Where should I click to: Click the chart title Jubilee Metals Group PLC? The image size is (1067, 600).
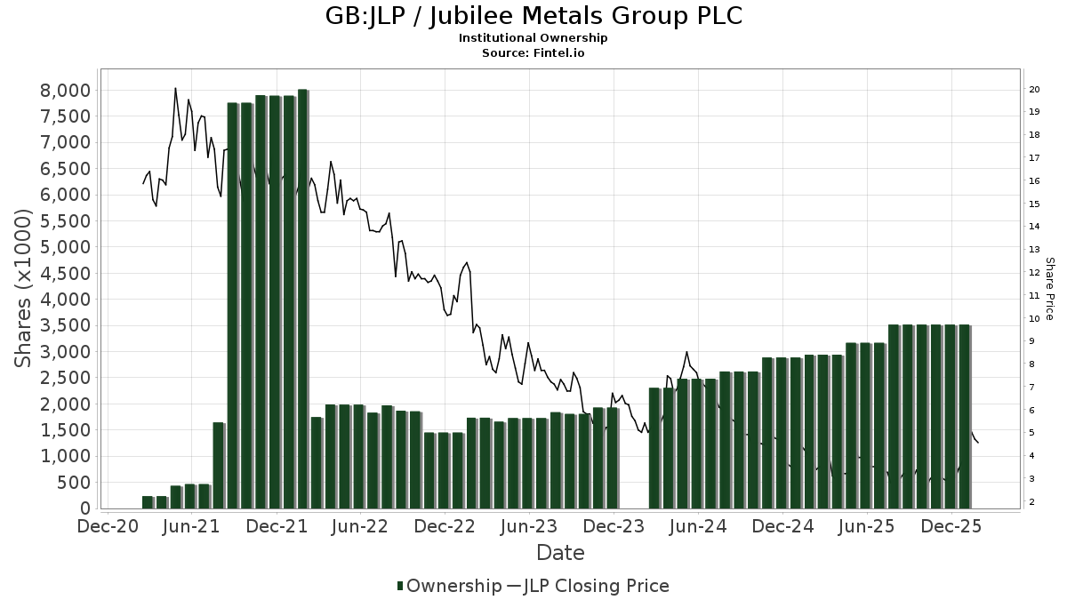pyautogui.click(x=533, y=17)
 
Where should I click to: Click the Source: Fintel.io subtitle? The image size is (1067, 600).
pyautogui.click(x=533, y=53)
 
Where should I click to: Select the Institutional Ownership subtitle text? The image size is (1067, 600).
pyautogui.click(x=533, y=38)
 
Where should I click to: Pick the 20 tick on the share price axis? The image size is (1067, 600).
pyautogui.click(x=1035, y=89)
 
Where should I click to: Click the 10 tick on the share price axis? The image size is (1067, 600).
pyautogui.click(x=1035, y=318)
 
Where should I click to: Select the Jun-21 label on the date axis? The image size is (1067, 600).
pyautogui.click(x=192, y=527)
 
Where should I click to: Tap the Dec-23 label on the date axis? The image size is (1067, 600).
pyautogui.click(x=614, y=527)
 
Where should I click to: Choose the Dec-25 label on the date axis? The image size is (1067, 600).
pyautogui.click(x=951, y=527)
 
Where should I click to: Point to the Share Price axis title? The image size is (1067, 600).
pyautogui.click(x=1050, y=289)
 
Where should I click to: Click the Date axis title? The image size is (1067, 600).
pyautogui.click(x=560, y=553)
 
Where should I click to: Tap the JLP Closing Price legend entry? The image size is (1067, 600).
pyautogui.click(x=594, y=586)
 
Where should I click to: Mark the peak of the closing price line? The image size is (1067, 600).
pyautogui.click(x=175, y=88)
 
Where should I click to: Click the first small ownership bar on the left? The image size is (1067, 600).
pyautogui.click(x=148, y=502)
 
